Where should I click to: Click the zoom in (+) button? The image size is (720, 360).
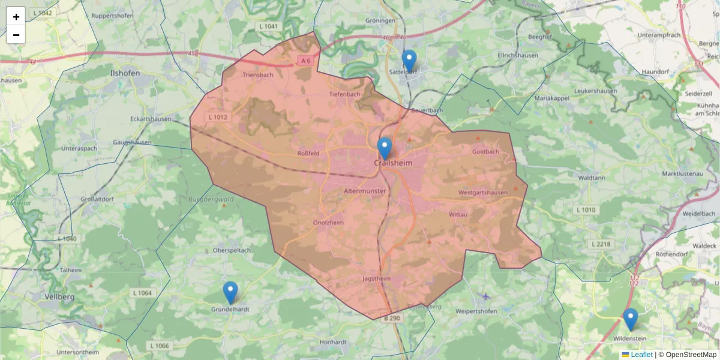pyautogui.click(x=16, y=17)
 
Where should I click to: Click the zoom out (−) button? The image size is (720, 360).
pyautogui.click(x=16, y=35)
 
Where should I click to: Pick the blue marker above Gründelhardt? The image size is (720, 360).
pyautogui.click(x=230, y=293)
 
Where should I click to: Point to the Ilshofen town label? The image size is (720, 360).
pyautogui.click(x=125, y=73)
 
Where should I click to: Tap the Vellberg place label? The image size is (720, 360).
pyautogui.click(x=59, y=296)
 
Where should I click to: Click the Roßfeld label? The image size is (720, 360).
pyautogui.click(x=308, y=153)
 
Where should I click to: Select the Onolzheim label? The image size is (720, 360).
pyautogui.click(x=328, y=222)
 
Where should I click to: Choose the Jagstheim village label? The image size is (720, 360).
pyautogui.click(x=377, y=278)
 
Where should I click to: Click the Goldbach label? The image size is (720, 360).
pyautogui.click(x=485, y=152)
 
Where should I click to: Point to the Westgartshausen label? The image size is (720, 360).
pyautogui.click(x=482, y=193)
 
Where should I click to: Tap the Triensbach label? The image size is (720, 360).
pyautogui.click(x=258, y=75)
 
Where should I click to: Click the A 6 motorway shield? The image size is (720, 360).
pyautogui.click(x=306, y=61)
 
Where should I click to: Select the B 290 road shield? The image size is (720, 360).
pyautogui.click(x=391, y=317)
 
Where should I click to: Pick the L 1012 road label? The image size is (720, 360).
pyautogui.click(x=217, y=117)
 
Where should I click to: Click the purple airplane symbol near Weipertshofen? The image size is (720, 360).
pyautogui.click(x=486, y=296)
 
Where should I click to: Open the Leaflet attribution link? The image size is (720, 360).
pyautogui.click(x=641, y=355)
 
